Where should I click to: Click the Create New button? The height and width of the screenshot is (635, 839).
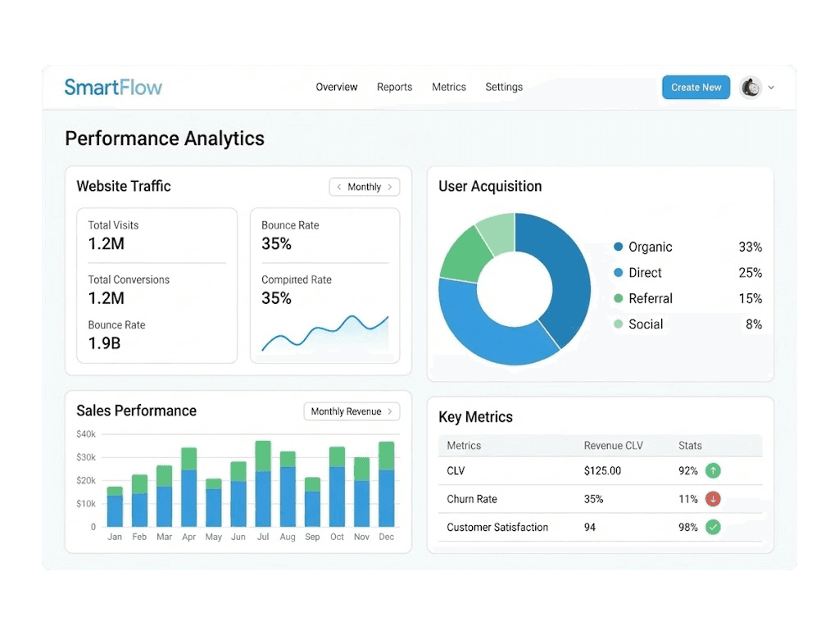(x=696, y=88)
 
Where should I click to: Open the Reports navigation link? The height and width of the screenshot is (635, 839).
(x=394, y=88)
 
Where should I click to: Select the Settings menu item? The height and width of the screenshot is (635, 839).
(x=504, y=88)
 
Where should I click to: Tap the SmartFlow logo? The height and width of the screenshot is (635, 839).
(x=113, y=88)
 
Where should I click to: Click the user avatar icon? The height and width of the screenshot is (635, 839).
(x=751, y=88)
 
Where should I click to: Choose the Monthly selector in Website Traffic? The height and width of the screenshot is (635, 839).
(x=364, y=187)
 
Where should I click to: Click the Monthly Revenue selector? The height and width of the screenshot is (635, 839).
(x=351, y=411)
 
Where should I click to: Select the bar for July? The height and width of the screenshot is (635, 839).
(x=263, y=484)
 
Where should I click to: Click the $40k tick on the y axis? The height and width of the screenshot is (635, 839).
(x=86, y=434)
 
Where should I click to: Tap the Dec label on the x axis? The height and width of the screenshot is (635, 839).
(x=387, y=537)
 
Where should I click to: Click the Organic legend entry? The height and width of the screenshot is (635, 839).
(x=650, y=247)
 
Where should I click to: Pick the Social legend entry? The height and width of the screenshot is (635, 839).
(x=646, y=324)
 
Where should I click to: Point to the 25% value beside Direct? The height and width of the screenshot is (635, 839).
(x=750, y=273)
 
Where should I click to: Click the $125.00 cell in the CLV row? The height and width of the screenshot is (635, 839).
(x=602, y=471)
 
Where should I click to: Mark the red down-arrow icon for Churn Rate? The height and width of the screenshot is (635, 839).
(x=713, y=499)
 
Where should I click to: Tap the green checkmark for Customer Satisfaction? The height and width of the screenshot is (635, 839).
(x=713, y=528)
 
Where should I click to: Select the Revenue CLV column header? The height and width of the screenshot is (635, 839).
(x=613, y=446)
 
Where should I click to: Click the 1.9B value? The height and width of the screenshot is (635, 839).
(x=104, y=343)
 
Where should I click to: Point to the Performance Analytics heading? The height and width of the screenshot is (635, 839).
(x=165, y=138)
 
